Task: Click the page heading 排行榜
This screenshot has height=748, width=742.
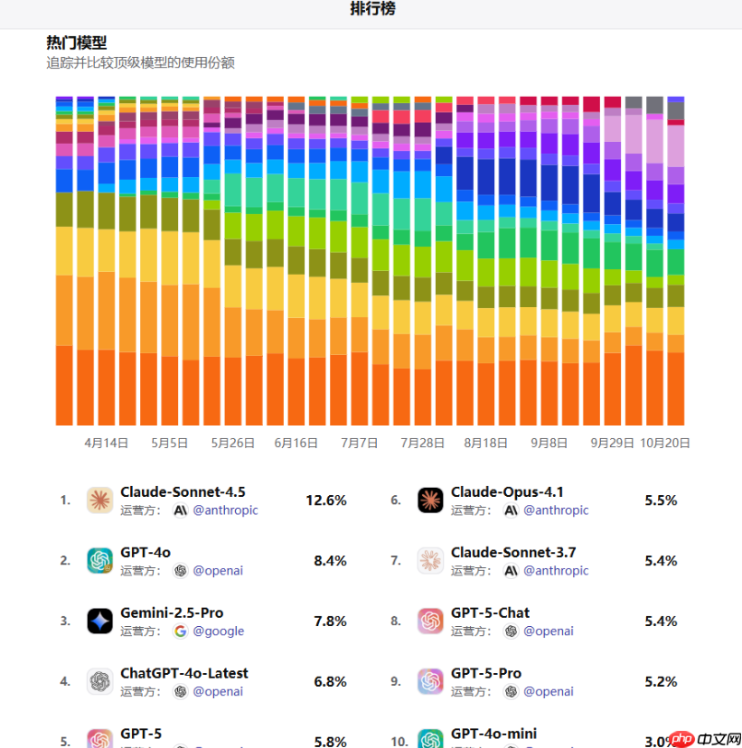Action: [x=372, y=10]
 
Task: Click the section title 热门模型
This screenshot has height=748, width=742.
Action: [x=77, y=42]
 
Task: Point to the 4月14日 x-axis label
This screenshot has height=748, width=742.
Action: [x=106, y=444]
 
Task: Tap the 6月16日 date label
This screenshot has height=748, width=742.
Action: [x=296, y=444]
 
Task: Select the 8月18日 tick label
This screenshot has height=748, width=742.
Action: [x=485, y=444]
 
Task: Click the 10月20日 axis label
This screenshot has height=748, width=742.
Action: [x=665, y=444]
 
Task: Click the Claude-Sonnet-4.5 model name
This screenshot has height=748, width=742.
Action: [x=183, y=492]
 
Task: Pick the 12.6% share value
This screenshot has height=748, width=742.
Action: [x=325, y=500]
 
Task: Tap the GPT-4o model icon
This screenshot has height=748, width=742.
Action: [x=99, y=561]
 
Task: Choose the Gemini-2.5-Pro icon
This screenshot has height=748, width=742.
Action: [x=99, y=621]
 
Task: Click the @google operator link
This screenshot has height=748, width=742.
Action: [x=218, y=631]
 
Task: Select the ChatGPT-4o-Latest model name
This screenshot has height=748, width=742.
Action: [x=184, y=673]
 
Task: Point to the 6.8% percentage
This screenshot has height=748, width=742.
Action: [x=330, y=681]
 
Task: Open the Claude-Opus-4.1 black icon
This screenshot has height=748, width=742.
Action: [x=430, y=500]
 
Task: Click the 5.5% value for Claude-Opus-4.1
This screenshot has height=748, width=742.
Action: [x=661, y=500]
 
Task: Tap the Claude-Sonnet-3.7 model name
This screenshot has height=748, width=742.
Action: [x=513, y=552]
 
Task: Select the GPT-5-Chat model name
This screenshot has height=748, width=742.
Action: [x=490, y=612]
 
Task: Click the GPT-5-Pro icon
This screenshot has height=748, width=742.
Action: [x=430, y=681]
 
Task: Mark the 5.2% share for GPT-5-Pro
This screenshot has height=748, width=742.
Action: [x=661, y=681]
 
